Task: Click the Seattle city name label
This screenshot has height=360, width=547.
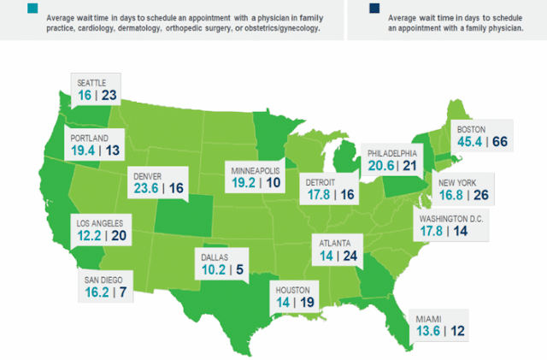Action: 91,81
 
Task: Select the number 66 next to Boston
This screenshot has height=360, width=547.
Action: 500,142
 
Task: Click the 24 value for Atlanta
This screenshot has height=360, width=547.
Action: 350,255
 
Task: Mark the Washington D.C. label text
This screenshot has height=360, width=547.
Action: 451,218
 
